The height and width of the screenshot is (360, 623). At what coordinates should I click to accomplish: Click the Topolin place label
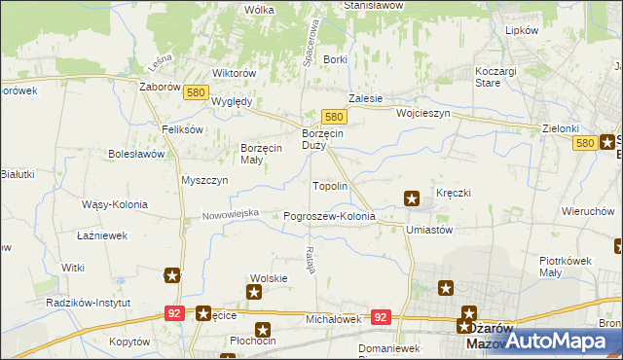[x=329, y=185]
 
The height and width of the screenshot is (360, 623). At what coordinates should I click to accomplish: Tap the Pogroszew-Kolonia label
[x=329, y=216]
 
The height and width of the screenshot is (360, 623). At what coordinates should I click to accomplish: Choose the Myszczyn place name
[x=204, y=180]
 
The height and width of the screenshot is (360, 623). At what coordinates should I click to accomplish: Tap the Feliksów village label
[x=182, y=129]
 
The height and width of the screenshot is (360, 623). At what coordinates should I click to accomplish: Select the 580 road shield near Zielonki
[x=584, y=143]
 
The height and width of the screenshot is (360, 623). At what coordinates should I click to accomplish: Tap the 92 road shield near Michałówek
[x=381, y=317]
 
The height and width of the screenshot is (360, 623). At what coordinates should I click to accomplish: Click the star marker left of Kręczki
[x=412, y=199]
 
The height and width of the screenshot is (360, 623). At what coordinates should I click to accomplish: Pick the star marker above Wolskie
[x=255, y=291]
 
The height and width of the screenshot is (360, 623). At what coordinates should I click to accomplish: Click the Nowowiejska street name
[x=231, y=213]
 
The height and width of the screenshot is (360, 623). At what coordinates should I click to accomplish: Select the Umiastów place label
[x=429, y=230]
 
